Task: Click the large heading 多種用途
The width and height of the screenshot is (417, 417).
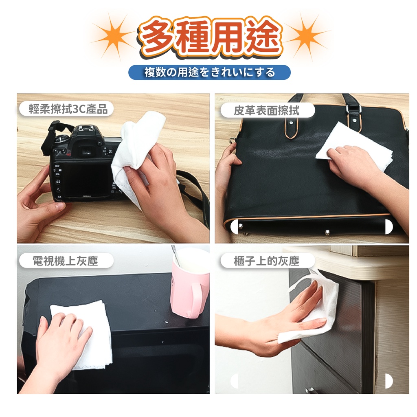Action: [x=210, y=37]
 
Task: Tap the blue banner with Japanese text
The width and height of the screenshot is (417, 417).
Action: [x=210, y=72]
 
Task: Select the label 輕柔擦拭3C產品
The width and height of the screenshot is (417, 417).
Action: [x=67, y=109]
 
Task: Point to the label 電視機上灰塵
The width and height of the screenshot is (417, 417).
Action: [x=66, y=261]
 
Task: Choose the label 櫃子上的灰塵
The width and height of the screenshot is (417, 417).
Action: [x=267, y=261]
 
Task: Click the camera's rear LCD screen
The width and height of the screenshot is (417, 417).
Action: [x=85, y=179]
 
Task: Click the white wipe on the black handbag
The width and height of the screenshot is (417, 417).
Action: [x=354, y=146]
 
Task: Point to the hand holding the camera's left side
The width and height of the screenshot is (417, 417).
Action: [x=40, y=202]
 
